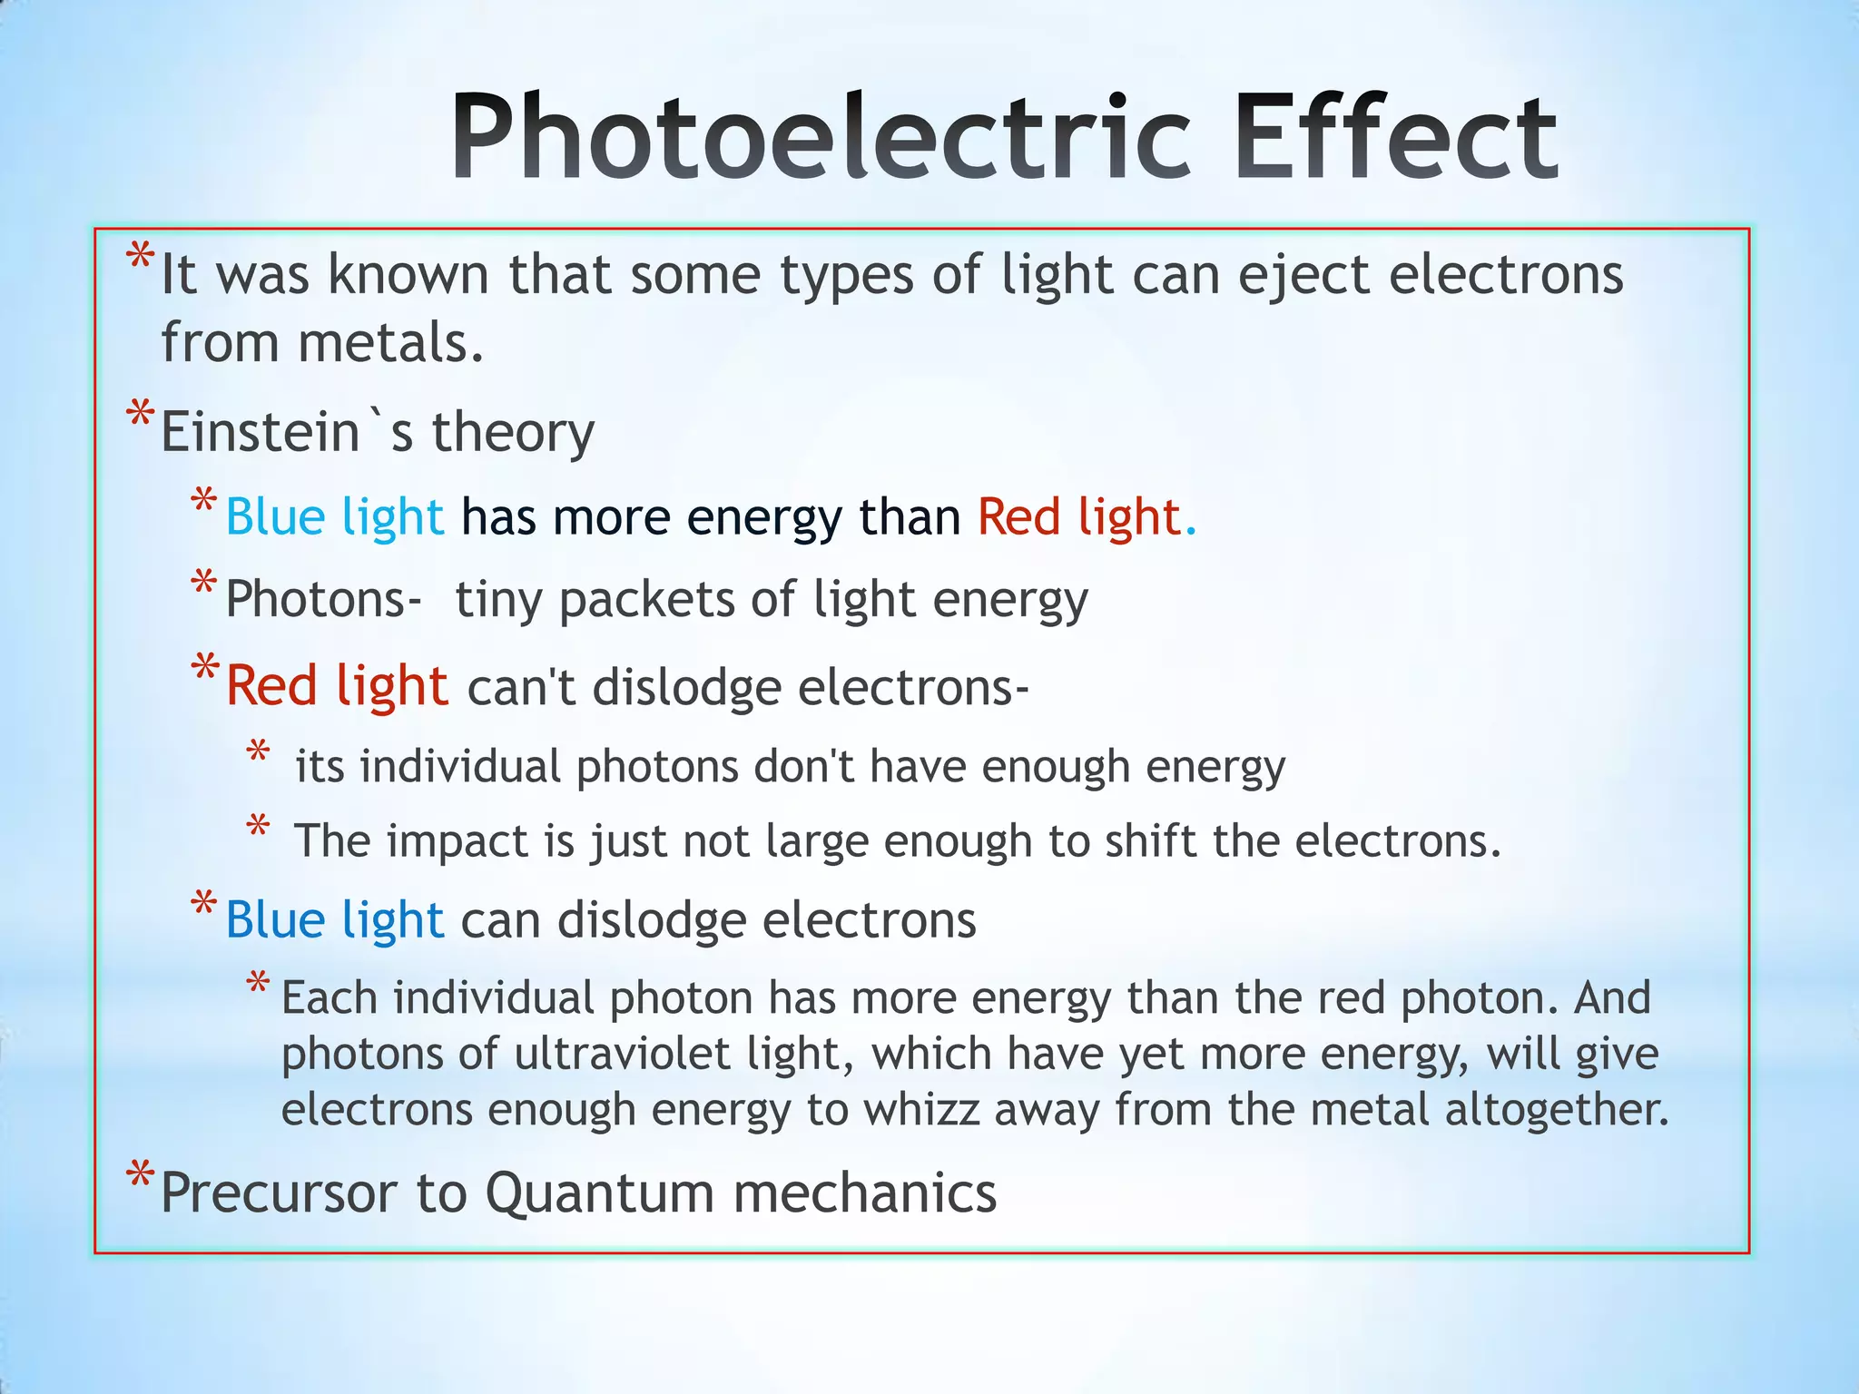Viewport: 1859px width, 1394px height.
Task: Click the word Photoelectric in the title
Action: point(820,138)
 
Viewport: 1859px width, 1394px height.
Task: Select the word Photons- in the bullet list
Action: point(323,600)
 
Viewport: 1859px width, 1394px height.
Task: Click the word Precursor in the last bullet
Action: point(279,1193)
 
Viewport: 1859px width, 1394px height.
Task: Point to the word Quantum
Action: point(599,1193)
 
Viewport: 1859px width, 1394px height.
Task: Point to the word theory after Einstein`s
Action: point(513,432)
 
